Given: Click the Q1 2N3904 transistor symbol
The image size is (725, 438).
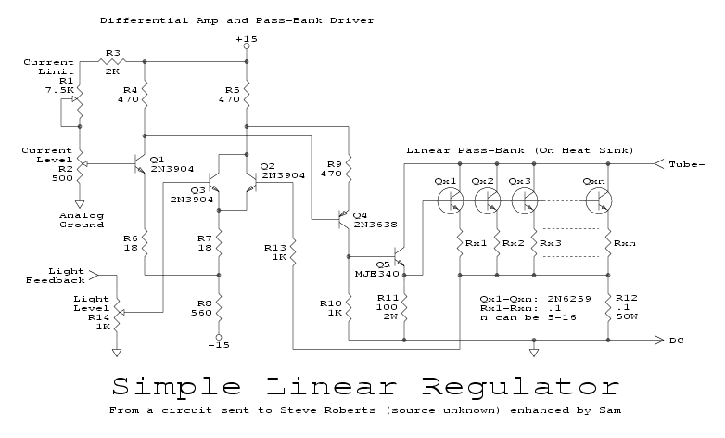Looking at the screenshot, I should [142, 164].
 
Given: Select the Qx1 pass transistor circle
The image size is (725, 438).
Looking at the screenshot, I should [452, 200].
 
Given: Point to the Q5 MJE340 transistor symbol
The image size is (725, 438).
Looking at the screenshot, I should [401, 255].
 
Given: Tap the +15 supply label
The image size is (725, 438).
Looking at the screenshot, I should [246, 39].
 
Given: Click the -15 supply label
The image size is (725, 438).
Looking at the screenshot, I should [219, 346].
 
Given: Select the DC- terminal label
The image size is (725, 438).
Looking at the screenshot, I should [683, 341].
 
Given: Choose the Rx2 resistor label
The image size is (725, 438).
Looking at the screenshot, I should [513, 243].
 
